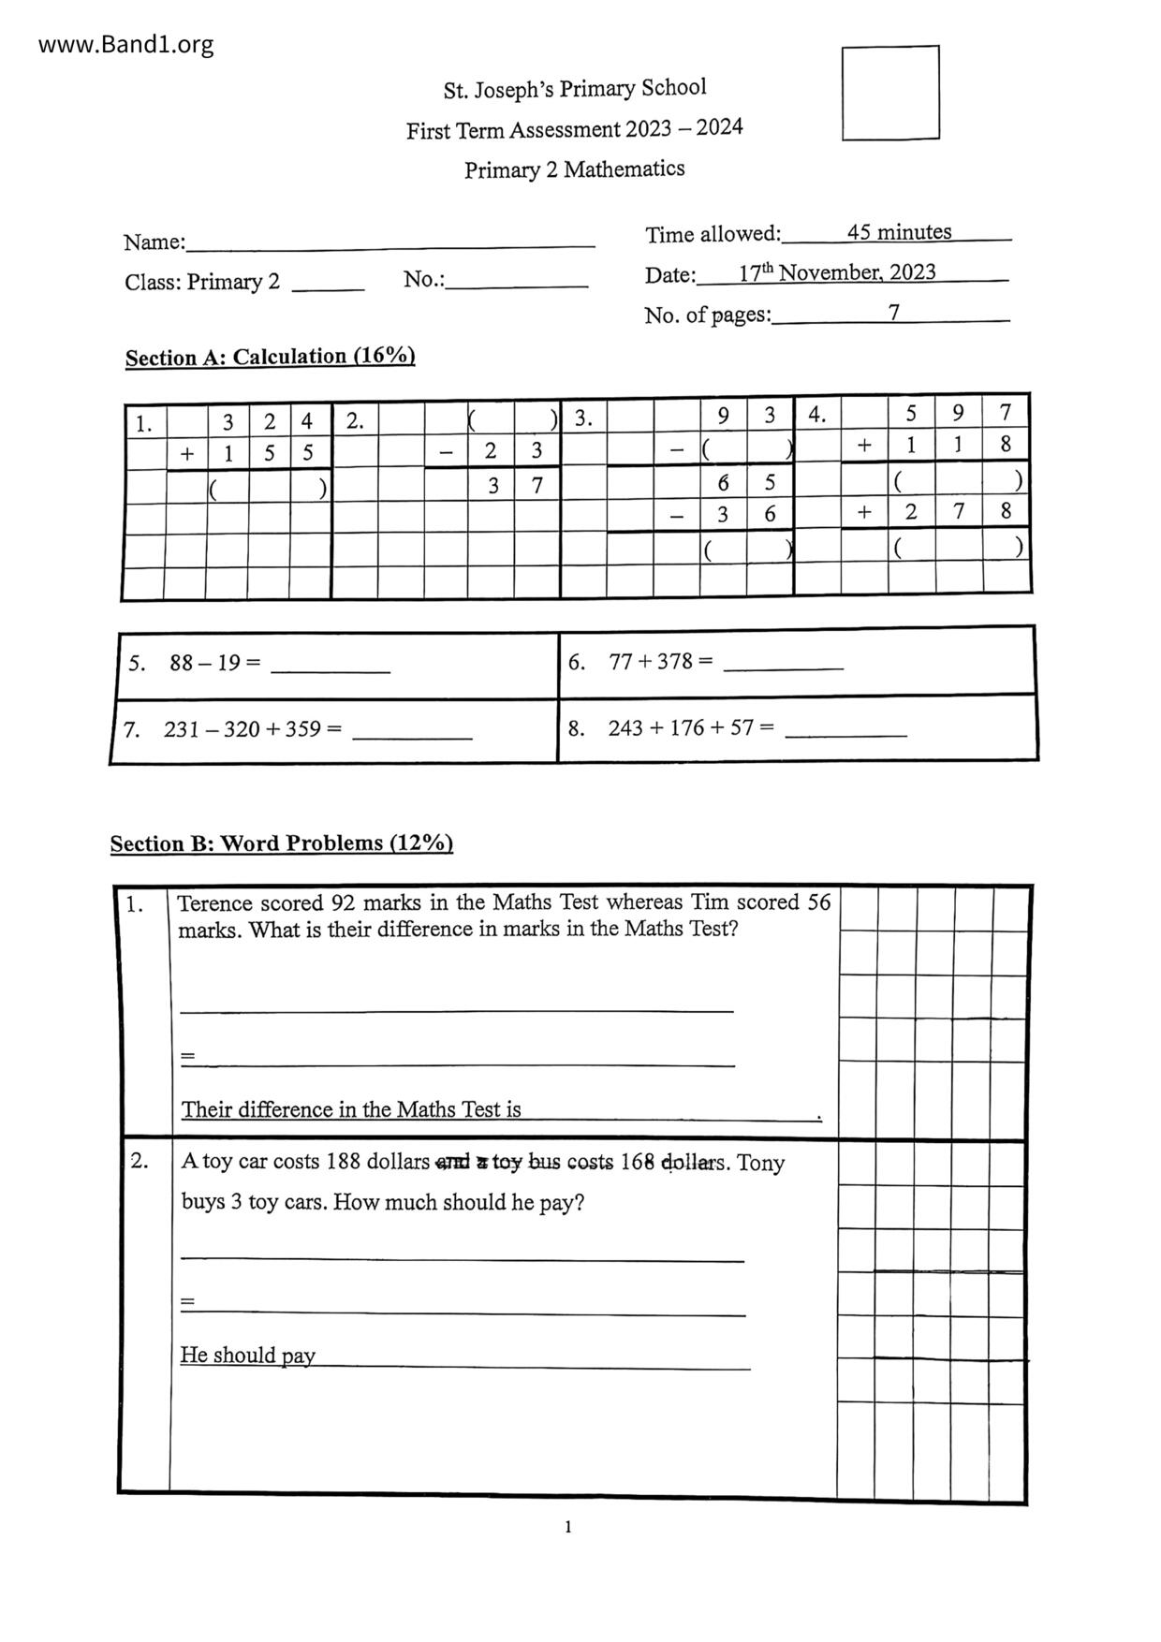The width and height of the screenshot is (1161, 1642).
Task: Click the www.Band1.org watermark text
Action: pos(125,45)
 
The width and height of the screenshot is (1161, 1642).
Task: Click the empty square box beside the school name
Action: pos(890,93)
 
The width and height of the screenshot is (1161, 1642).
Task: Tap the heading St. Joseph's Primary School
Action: pos(575,89)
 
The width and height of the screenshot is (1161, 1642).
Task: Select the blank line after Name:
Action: pos(389,243)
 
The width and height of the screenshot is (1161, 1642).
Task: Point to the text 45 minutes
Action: pos(899,232)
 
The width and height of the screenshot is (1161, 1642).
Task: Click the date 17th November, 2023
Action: pos(837,272)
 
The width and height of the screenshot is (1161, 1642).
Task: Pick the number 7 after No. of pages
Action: pos(894,313)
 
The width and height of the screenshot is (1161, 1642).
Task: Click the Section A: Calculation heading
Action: pos(270,357)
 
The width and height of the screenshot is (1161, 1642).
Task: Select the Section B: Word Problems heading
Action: pos(281,843)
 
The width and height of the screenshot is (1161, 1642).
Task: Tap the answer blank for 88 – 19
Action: pos(330,667)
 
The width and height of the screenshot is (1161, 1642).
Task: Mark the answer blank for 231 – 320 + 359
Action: pos(412,734)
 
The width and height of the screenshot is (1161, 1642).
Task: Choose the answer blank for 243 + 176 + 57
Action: pos(845,731)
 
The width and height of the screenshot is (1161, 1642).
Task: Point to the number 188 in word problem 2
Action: pos(343,1162)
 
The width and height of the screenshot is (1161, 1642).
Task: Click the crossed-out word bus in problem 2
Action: pos(544,1162)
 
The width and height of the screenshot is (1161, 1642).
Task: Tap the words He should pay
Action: pos(247,1355)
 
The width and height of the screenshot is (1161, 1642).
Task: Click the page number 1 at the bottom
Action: pos(568,1527)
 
